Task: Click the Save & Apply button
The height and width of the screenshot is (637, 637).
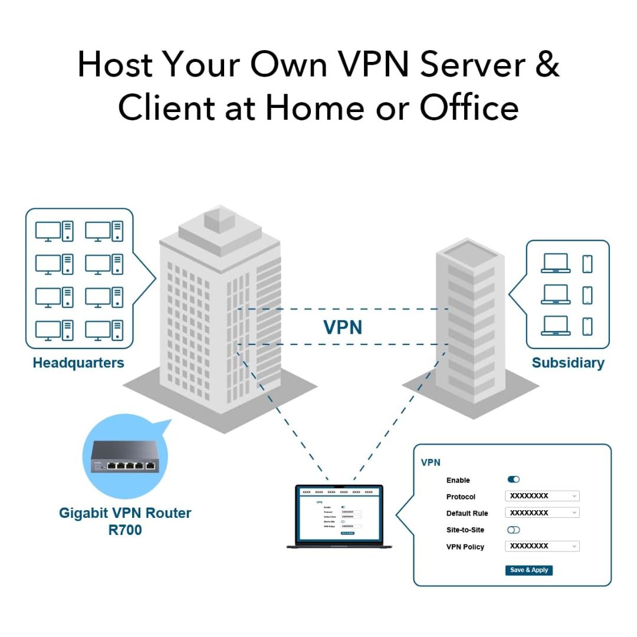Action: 528,570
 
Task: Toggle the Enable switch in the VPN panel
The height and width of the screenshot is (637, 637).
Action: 513,480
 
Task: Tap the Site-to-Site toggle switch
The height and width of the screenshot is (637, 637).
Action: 513,530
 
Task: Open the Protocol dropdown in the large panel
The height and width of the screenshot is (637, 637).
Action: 542,496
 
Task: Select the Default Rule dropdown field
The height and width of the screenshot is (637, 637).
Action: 542,513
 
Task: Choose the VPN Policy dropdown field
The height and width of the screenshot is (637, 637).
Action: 542,546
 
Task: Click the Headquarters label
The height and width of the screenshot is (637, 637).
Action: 78,363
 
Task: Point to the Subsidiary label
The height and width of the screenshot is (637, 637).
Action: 567,363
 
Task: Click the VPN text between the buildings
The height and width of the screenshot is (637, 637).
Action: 343,327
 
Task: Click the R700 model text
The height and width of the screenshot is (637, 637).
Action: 125,530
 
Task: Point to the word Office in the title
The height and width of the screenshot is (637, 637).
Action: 469,107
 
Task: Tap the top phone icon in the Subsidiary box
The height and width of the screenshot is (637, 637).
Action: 587,264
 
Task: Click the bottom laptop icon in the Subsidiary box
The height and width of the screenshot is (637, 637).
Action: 556,326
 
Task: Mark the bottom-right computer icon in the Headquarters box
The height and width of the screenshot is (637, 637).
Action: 104,330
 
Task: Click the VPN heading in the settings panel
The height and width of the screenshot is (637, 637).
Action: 431,462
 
